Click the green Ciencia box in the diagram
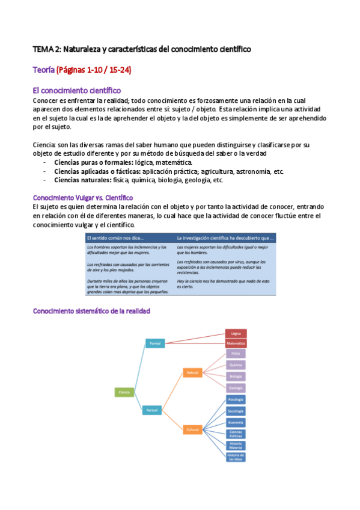pyautogui.click(x=124, y=392)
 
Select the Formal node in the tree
pyautogui.click(x=156, y=343)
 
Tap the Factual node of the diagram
pyautogui.click(x=151, y=410)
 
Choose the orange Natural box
pyautogui.click(x=192, y=373)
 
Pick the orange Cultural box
pyautogui.click(x=192, y=430)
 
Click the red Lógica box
pyautogui.click(x=236, y=333)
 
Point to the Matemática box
pyautogui.click(x=236, y=343)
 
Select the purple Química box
pyautogui.click(x=236, y=365)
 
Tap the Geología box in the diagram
pyautogui.click(x=236, y=388)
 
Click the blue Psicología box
pyautogui.click(x=236, y=399)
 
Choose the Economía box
pyautogui.click(x=236, y=422)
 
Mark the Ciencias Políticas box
pyautogui.click(x=236, y=434)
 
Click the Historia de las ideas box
pyautogui.click(x=236, y=456)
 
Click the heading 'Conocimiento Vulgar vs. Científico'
pyautogui.click(x=83, y=198)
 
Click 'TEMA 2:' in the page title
pyautogui.click(x=46, y=48)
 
